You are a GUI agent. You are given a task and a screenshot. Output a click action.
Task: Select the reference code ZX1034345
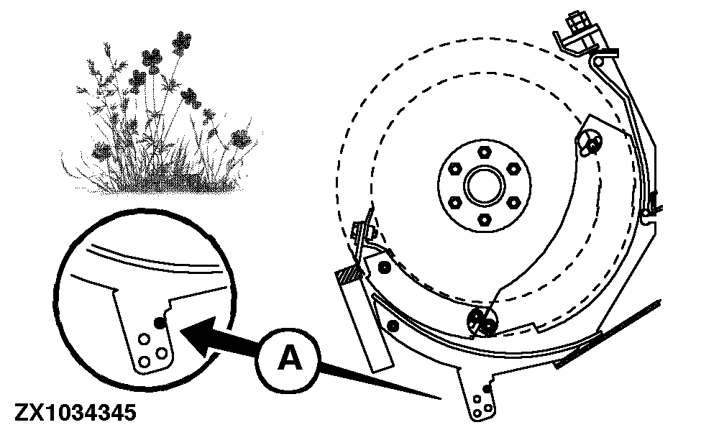click(75, 412)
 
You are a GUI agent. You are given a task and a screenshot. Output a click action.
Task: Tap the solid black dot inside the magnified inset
click(160, 323)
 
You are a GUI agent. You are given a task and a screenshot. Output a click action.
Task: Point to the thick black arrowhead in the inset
click(198, 335)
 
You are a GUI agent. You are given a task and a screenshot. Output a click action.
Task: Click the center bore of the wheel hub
click(484, 186)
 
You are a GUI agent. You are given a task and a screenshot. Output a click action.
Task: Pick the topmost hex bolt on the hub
click(484, 152)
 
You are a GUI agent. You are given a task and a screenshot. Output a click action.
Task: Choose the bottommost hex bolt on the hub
click(484, 220)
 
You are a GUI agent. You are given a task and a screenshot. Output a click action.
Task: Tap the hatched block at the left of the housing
click(349, 276)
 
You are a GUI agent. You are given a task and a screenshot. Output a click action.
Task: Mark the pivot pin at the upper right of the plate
click(590, 142)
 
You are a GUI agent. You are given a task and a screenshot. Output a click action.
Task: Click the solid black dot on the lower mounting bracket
click(487, 389)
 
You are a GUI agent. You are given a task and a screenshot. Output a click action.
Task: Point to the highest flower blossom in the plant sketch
click(182, 43)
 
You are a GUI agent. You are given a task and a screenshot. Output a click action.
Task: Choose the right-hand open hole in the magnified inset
click(161, 353)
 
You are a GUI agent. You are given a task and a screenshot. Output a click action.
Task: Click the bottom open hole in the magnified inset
click(145, 362)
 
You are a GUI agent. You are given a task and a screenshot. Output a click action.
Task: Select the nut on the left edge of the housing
click(360, 229)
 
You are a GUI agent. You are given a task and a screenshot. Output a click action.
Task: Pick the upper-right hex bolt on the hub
click(513, 169)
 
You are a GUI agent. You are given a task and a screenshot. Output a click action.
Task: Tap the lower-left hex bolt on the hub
click(454, 202)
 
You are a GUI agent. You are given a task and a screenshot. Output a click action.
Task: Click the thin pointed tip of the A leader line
click(440, 399)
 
